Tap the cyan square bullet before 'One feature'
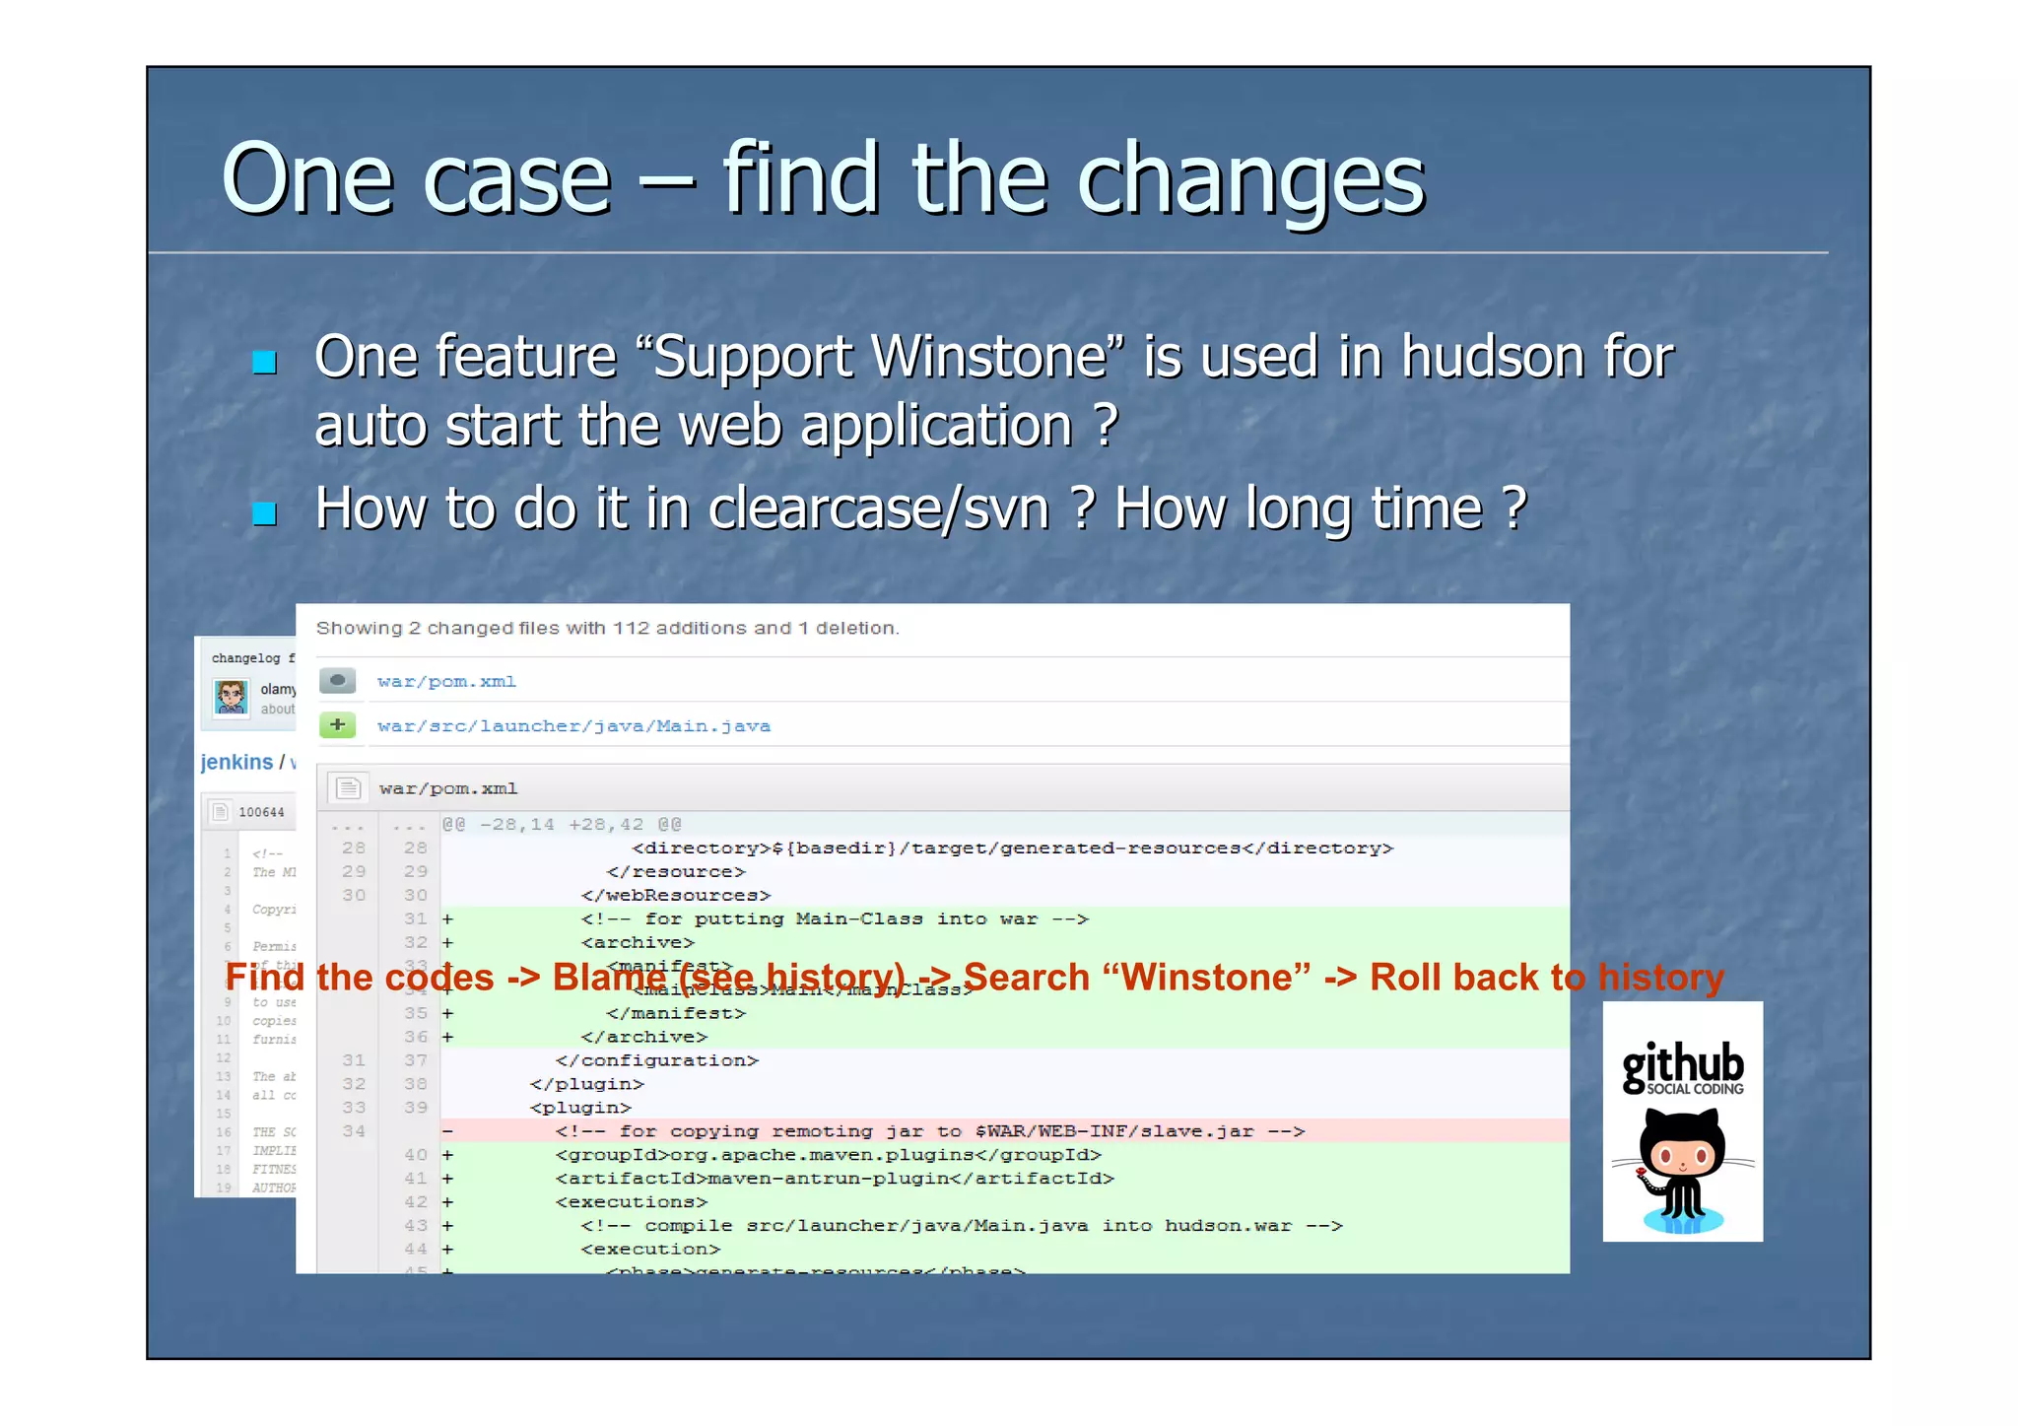(x=264, y=363)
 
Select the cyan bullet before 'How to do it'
(x=264, y=513)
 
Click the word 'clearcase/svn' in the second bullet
(x=879, y=509)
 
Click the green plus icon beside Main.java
(x=337, y=726)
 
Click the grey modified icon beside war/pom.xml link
(x=337, y=681)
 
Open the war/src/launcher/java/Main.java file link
(x=573, y=726)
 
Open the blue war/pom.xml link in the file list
(x=446, y=682)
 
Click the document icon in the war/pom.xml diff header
(x=348, y=788)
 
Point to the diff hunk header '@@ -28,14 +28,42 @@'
(x=562, y=824)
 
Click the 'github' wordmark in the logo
(x=1682, y=1064)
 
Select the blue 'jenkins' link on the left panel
(x=236, y=762)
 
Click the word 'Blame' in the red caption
(x=609, y=978)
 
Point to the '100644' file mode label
(x=261, y=812)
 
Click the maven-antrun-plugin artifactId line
(x=834, y=1179)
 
